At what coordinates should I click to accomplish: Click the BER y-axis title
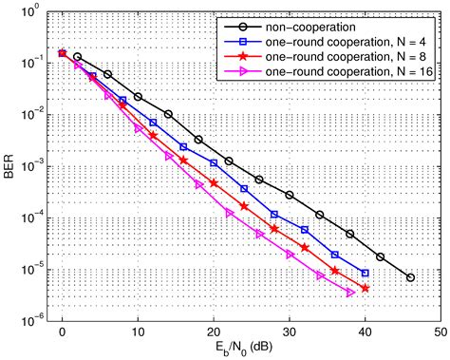(10, 165)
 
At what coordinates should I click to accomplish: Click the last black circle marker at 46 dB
(410, 277)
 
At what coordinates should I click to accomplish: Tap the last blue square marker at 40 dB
(365, 273)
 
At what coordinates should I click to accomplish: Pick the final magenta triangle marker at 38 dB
(350, 293)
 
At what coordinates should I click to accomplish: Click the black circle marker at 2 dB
(77, 57)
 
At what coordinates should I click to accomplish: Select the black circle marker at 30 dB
(290, 195)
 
